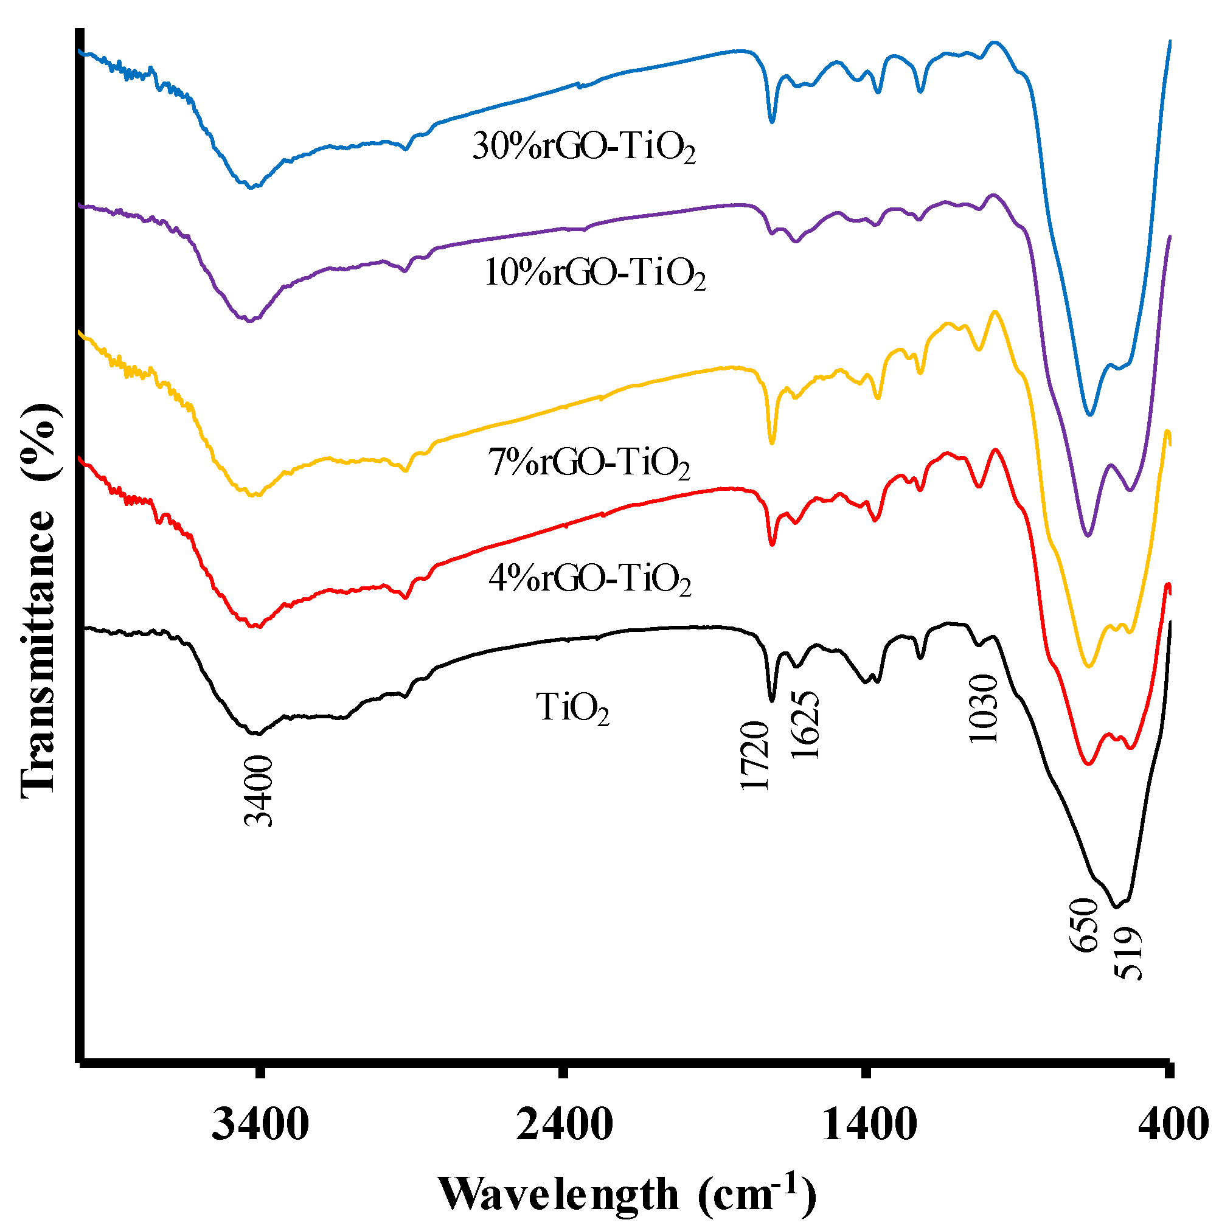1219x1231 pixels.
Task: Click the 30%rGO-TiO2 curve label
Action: pyautogui.click(x=583, y=147)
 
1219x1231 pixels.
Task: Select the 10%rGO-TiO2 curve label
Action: pyautogui.click(x=594, y=273)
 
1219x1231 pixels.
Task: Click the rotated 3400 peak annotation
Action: pyautogui.click(x=259, y=791)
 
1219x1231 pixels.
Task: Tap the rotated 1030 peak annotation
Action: pyautogui.click(x=982, y=709)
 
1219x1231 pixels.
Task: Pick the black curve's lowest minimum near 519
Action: pyautogui.click(x=1116, y=907)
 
